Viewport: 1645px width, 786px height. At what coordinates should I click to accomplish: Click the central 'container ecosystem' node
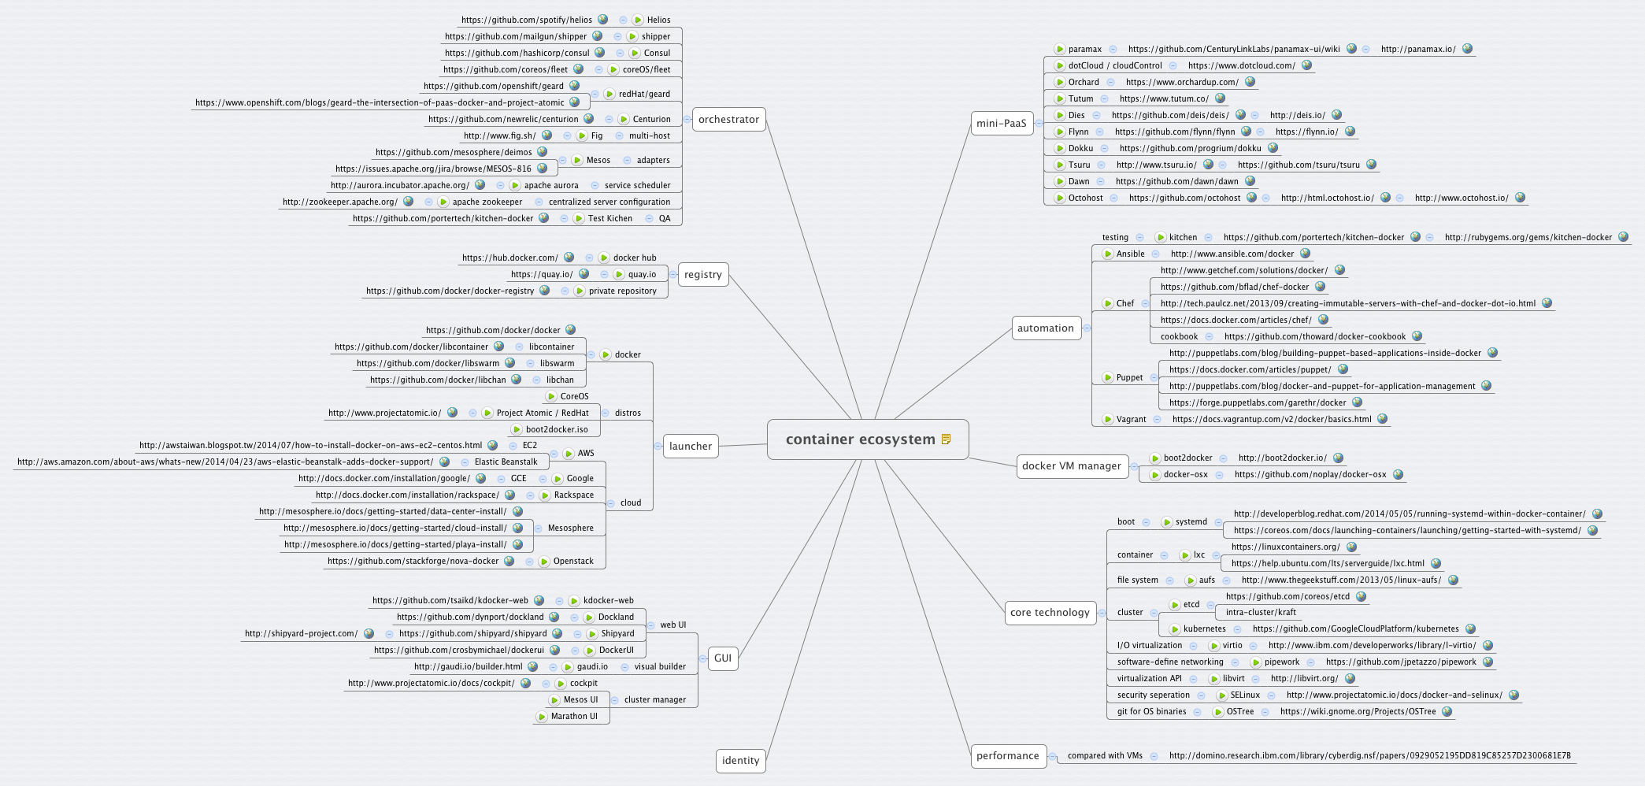point(860,439)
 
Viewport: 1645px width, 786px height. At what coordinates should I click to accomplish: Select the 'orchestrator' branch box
point(728,120)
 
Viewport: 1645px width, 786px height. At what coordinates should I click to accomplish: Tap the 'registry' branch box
point(702,275)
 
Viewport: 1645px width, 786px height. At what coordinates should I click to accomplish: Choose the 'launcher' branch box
point(690,447)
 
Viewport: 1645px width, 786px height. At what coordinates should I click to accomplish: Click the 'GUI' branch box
point(722,658)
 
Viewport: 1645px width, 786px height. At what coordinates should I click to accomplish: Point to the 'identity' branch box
point(740,761)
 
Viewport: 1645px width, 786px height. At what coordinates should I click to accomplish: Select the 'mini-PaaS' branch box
point(1001,124)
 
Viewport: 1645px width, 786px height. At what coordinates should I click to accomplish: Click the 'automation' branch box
point(1045,328)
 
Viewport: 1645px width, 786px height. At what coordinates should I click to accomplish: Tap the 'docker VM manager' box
point(1071,466)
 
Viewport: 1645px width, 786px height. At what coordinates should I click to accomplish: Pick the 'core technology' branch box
point(1050,613)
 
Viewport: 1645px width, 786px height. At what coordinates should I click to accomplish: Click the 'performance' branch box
point(1007,756)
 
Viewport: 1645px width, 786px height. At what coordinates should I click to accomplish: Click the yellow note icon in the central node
point(947,439)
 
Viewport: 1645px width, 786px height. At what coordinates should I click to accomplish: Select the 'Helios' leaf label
point(658,20)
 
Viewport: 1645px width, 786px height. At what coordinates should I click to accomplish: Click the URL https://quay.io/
point(542,275)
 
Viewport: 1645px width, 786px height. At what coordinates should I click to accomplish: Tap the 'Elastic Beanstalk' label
point(506,462)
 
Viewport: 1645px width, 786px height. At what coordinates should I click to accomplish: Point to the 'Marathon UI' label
point(574,717)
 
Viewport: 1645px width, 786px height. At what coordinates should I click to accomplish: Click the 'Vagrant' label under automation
point(1131,420)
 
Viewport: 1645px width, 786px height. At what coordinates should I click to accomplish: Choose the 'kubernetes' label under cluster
point(1204,629)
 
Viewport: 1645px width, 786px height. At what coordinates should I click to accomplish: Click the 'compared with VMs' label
point(1105,756)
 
